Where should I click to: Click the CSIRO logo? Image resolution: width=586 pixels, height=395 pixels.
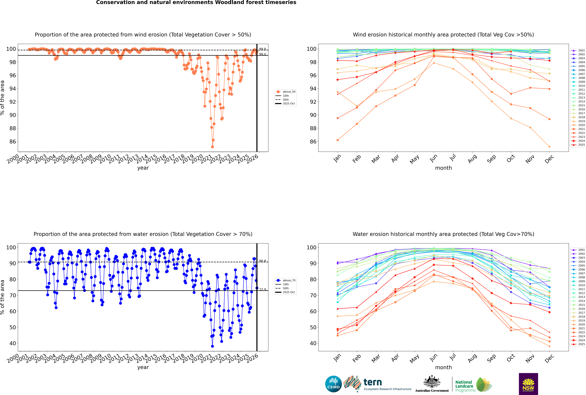coord(333,384)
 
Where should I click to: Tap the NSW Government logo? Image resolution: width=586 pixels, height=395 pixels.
coord(528,384)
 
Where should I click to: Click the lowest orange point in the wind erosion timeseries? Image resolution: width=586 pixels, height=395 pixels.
coord(212,147)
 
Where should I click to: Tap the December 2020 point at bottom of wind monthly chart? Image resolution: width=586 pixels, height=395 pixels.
coord(549,147)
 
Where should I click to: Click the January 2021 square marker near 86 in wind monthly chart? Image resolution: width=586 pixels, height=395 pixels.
coord(338,140)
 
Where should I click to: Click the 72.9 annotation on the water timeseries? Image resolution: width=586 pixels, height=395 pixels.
coord(263,289)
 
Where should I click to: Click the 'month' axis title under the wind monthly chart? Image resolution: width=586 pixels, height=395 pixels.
coord(443,168)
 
